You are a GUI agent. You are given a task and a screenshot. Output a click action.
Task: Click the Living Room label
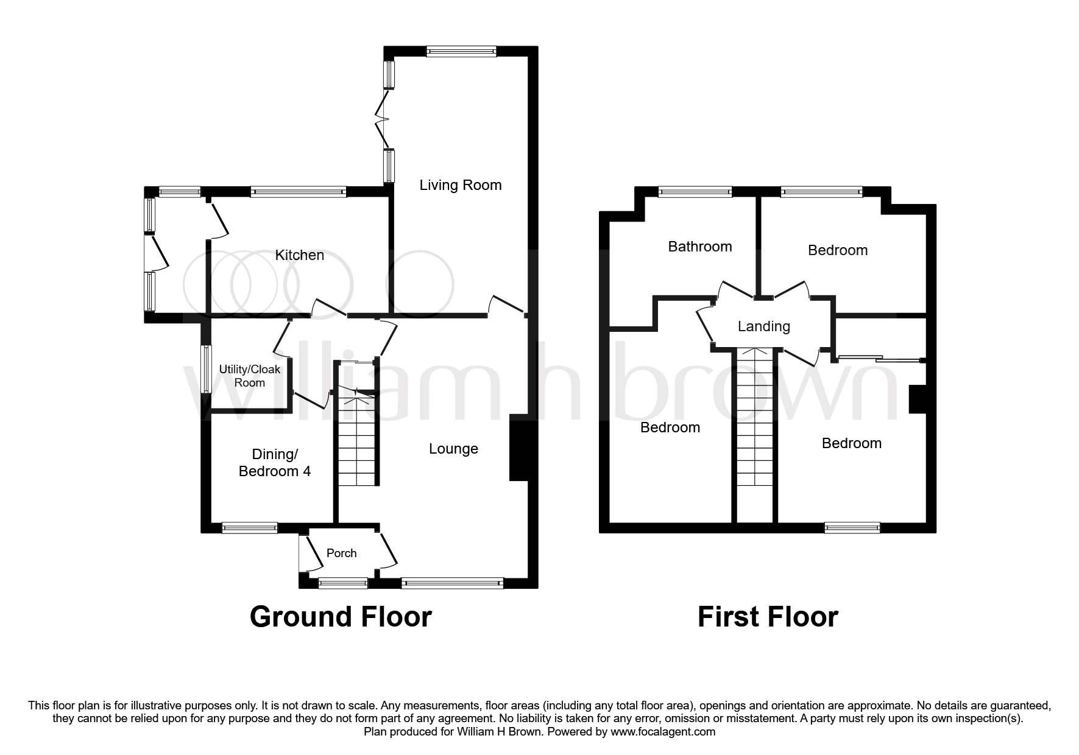pyautogui.click(x=460, y=185)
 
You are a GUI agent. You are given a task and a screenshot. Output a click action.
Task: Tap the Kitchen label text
pyautogui.click(x=299, y=255)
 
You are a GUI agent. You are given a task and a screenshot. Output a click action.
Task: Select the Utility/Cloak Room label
pyautogui.click(x=250, y=376)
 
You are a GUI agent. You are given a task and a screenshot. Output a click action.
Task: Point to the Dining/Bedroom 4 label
pyautogui.click(x=274, y=463)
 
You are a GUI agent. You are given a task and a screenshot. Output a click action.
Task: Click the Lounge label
pyautogui.click(x=453, y=449)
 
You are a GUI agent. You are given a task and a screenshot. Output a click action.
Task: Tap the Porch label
pyautogui.click(x=341, y=553)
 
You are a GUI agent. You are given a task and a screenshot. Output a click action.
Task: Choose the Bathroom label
pyautogui.click(x=699, y=247)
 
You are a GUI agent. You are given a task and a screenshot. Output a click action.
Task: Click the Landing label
pyautogui.click(x=763, y=326)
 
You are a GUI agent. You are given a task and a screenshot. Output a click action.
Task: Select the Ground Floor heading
pyautogui.click(x=341, y=617)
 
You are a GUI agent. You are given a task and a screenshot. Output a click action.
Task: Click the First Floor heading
pyautogui.click(x=767, y=617)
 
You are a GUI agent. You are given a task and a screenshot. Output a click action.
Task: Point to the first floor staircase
pyautogui.click(x=755, y=426)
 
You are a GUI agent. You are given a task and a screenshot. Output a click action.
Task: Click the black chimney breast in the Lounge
pyautogui.click(x=518, y=448)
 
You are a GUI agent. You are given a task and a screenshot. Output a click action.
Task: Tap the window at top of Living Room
pyautogui.click(x=461, y=52)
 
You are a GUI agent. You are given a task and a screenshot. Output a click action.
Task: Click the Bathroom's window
pyautogui.click(x=695, y=192)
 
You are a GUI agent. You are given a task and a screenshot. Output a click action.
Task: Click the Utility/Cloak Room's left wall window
pyautogui.click(x=207, y=370)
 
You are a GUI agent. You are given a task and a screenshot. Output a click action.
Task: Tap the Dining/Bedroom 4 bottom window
pyautogui.click(x=249, y=528)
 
